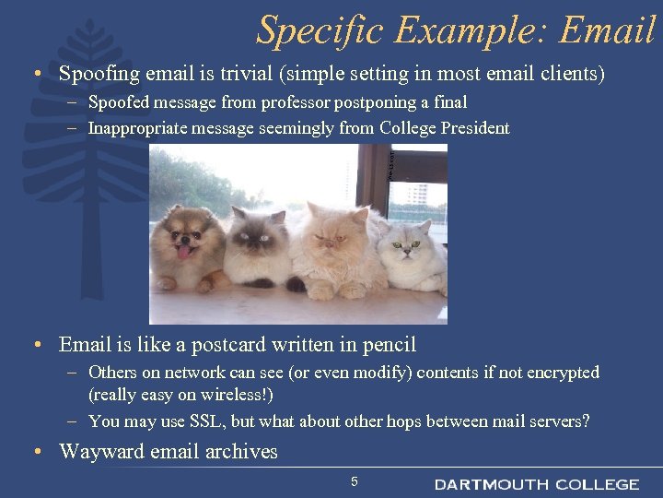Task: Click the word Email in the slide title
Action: click(607, 30)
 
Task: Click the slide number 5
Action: click(355, 481)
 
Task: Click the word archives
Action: click(241, 451)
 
